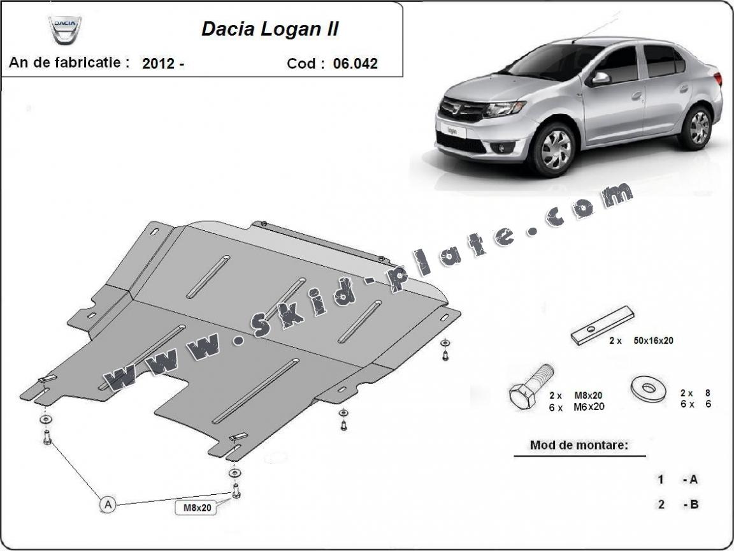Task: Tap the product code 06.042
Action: (x=355, y=63)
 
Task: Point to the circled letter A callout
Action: (x=108, y=504)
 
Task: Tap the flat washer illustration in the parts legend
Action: (x=647, y=387)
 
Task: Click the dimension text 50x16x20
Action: (x=652, y=341)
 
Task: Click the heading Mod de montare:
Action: (x=579, y=445)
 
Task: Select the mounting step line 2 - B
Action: (x=679, y=504)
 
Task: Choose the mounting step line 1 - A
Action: (x=679, y=480)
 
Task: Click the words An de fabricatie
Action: (x=69, y=62)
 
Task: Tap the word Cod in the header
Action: (x=301, y=63)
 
